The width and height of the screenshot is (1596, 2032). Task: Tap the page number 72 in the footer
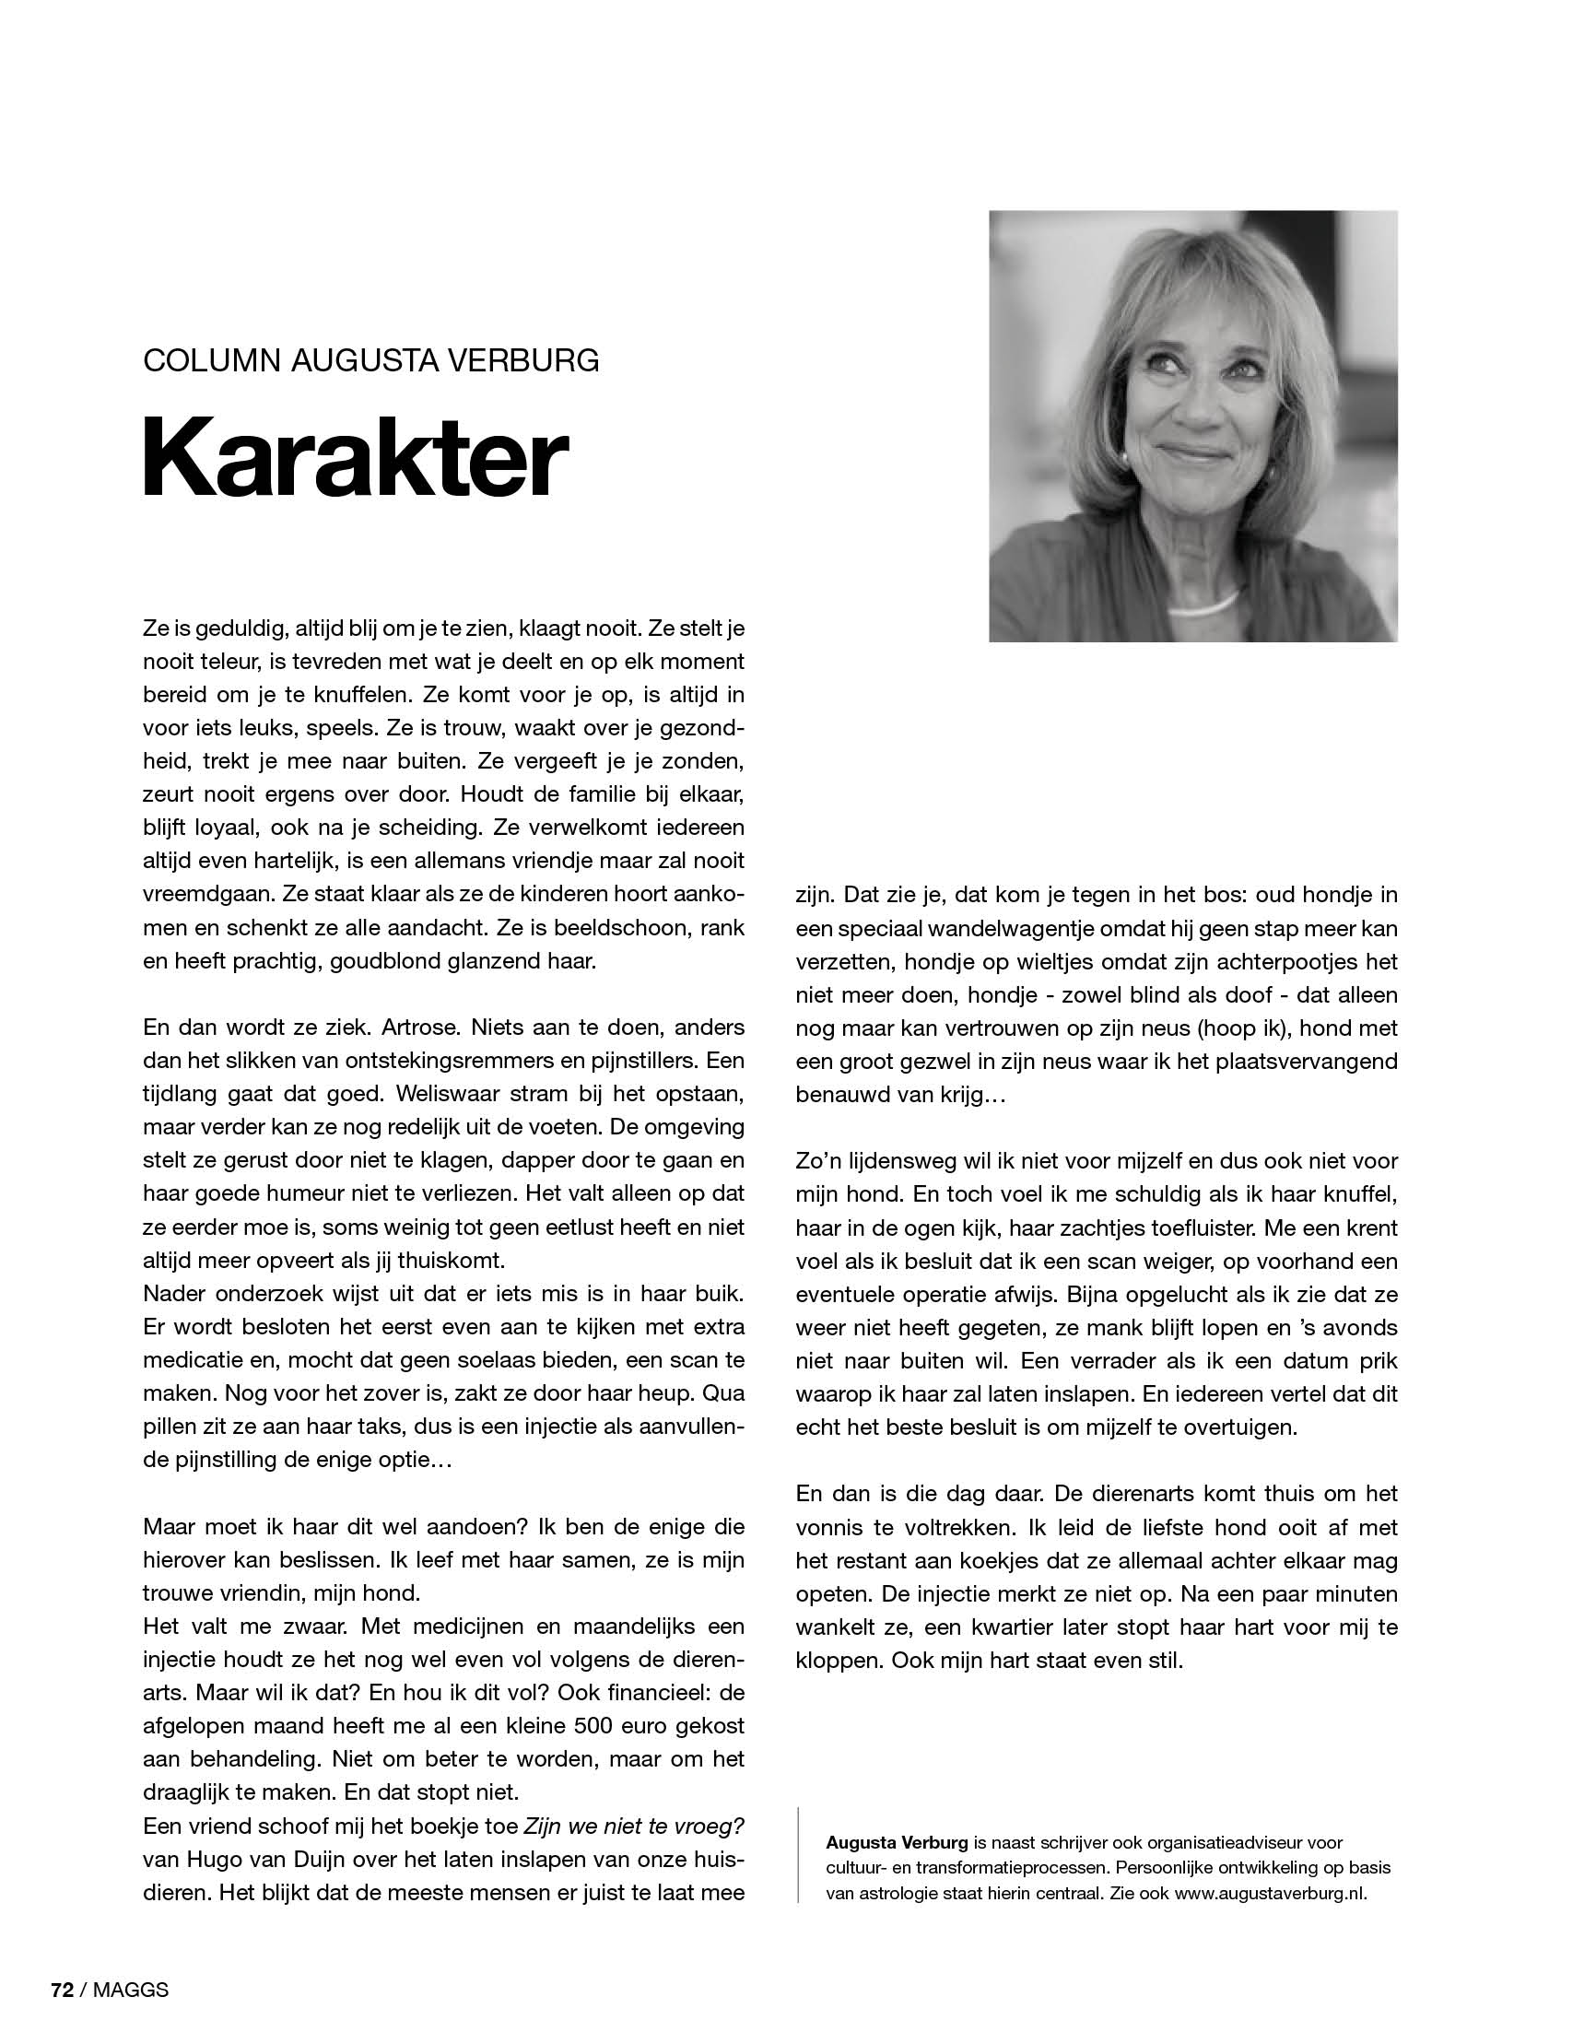click(62, 1990)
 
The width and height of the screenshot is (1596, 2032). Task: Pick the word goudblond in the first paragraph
click(385, 960)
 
